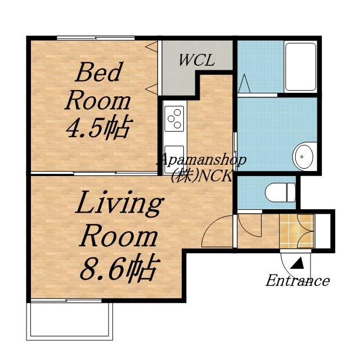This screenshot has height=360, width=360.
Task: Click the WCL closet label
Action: tap(197, 60)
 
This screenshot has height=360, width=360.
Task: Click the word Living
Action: tap(119, 204)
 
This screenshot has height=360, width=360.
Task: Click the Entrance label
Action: tap(298, 281)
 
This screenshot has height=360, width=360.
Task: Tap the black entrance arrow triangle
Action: tap(298, 263)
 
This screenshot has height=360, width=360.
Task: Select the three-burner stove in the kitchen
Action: tap(174, 119)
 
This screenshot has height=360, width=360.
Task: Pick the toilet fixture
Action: tap(280, 192)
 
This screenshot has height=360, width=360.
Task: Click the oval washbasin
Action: tap(304, 157)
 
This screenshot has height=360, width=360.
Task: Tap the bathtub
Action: tap(300, 67)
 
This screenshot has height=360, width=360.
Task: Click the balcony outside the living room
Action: tap(70, 321)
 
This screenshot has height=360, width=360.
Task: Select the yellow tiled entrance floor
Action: tap(296, 231)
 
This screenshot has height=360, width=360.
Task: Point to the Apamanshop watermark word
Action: tap(201, 160)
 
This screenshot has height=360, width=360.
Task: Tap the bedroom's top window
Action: tap(96, 38)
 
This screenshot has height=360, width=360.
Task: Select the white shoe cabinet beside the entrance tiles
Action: tap(322, 231)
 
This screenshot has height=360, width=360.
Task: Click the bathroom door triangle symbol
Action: tap(244, 83)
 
